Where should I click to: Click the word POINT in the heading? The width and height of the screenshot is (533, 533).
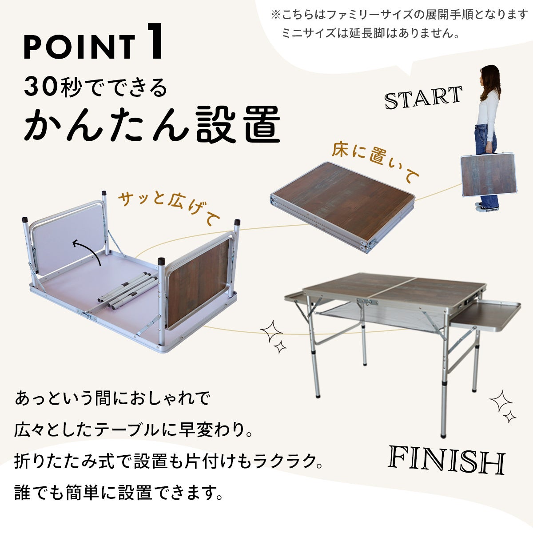point(80,47)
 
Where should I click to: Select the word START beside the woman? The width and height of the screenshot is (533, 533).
point(423,97)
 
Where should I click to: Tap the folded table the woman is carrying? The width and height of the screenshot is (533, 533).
point(489,175)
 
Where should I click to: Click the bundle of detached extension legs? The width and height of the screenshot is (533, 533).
point(127,290)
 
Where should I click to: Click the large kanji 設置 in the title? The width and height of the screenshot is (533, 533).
point(239,124)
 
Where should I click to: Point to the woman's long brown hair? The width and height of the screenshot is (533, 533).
point(491,82)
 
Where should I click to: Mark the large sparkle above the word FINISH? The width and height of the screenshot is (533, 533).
point(501,401)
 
